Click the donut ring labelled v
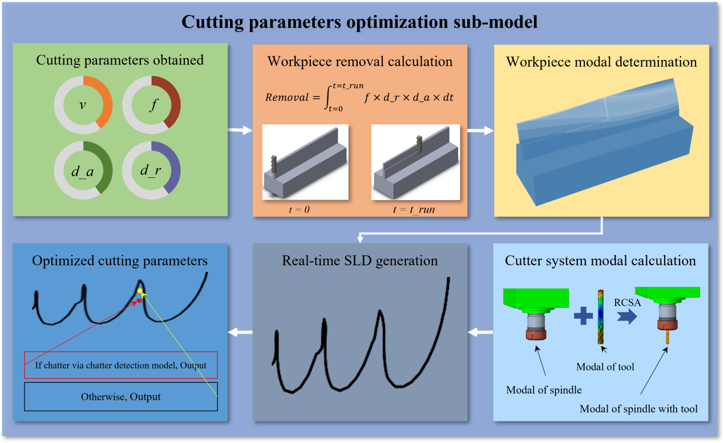pos(83,104)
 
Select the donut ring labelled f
pos(151,104)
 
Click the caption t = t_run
pos(414,209)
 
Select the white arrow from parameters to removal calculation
pos(240,131)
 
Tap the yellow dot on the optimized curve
pos(140,291)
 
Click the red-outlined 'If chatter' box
pos(121,365)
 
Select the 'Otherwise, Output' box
pos(121,396)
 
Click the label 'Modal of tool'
pos(604,367)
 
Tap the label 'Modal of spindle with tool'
pos(638,408)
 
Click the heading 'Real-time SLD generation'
pos(359,261)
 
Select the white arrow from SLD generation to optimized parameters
pos(240,332)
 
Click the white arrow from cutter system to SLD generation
pos(481,332)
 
